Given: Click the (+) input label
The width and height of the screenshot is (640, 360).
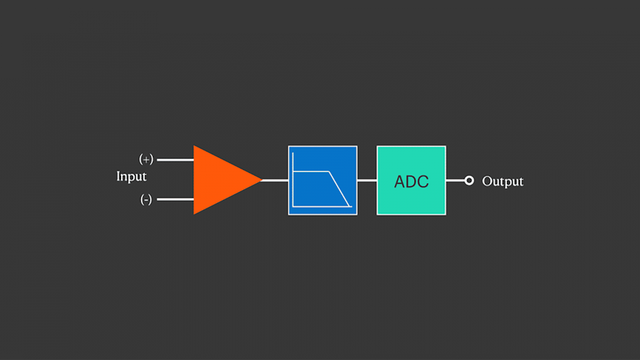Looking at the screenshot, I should (x=146, y=159).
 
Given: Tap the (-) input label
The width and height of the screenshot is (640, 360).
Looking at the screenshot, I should (x=146, y=200).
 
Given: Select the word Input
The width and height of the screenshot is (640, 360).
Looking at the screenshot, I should (x=131, y=176).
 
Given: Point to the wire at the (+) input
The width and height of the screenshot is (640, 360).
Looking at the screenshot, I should (x=175, y=160).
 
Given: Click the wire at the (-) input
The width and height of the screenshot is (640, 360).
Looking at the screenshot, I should (x=175, y=200).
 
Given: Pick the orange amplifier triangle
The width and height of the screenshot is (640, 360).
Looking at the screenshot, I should (x=220, y=180).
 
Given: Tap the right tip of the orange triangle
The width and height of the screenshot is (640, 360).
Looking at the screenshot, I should (x=261, y=180).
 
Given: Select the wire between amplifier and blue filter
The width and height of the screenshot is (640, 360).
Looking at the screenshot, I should (x=275, y=180).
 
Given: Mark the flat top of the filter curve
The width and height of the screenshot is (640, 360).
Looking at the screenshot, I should (x=311, y=172).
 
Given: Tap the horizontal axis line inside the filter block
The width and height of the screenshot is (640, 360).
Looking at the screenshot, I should (x=320, y=207).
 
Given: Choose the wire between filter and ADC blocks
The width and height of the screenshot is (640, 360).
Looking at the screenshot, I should (x=367, y=180).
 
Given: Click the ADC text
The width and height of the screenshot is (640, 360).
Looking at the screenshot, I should (x=411, y=181).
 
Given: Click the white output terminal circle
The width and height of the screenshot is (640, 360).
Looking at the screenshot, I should (x=469, y=181).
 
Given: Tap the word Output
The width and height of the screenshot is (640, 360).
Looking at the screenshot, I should (x=502, y=181).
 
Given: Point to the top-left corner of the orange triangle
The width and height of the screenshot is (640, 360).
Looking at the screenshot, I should (x=195, y=147).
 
